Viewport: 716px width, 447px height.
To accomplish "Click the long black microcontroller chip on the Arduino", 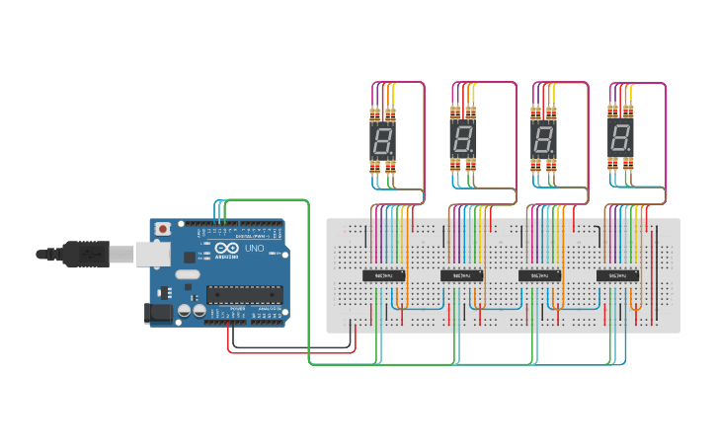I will pos(244,293).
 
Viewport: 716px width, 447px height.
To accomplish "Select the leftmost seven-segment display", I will pos(383,139).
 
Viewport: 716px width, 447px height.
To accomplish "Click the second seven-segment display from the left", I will pos(462,139).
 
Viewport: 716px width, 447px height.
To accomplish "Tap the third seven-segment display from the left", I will pos(543,139).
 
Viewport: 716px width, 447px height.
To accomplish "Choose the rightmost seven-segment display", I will pos(621,139).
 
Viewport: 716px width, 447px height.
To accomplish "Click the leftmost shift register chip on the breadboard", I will pos(385,275).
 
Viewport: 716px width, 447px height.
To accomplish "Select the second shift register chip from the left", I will pos(462,275).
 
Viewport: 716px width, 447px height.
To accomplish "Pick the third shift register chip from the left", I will pos(540,275).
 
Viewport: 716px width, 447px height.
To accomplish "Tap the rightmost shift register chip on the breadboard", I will pos(617,275).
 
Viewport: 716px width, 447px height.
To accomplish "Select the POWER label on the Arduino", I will pos(237,308).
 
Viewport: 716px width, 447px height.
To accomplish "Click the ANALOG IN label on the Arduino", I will pos(268,308).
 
